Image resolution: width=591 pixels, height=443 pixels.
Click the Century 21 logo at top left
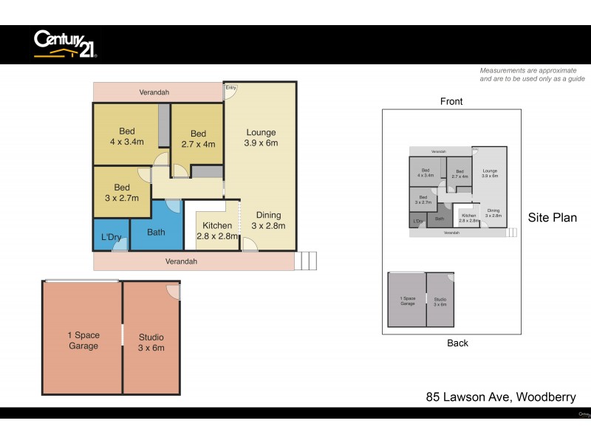[65, 44]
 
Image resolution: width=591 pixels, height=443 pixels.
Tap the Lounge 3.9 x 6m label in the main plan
[261, 138]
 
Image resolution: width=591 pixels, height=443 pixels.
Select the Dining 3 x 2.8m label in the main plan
[268, 220]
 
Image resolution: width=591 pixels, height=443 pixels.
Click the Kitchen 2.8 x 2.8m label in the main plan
[217, 231]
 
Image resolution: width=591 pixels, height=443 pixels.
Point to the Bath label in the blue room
[156, 233]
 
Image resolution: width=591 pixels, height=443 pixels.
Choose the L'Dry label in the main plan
[111, 237]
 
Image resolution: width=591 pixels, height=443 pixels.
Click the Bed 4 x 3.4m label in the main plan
[127, 138]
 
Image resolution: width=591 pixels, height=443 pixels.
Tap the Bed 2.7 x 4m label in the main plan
[197, 139]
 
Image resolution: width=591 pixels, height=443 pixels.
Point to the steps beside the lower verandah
[305, 261]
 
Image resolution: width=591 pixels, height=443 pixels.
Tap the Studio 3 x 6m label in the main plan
[151, 343]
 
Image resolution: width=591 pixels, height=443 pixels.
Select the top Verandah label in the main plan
[154, 92]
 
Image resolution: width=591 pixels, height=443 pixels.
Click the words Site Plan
[552, 218]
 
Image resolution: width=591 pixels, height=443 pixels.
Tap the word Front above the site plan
[451, 101]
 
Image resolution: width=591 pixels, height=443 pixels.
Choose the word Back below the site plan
[457, 343]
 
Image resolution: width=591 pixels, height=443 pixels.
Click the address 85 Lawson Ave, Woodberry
[500, 397]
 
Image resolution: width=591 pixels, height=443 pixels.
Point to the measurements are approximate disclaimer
[532, 74]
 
